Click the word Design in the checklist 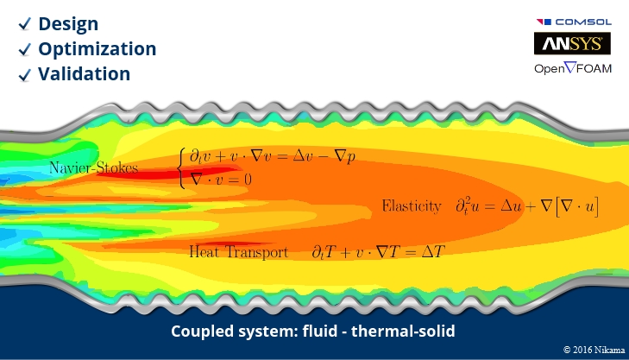click(68, 23)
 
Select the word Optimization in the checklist click(97, 48)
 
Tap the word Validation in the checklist click(85, 73)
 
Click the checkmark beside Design click(25, 24)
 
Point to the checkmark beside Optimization click(25, 49)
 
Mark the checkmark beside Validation click(25, 75)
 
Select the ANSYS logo click(573, 43)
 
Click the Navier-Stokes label click(93, 167)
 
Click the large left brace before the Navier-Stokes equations click(180, 167)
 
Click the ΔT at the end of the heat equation click(428, 252)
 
